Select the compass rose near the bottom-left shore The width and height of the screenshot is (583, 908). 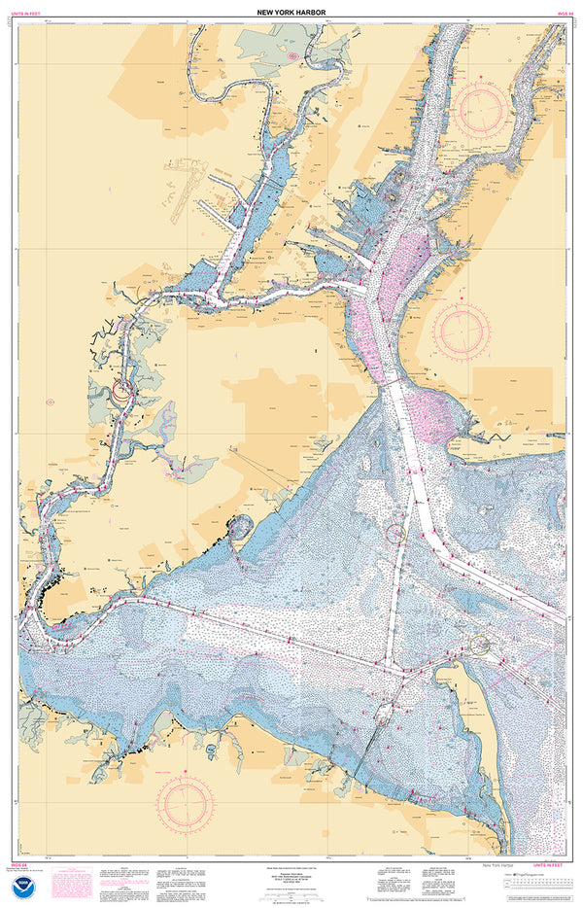(x=186, y=800)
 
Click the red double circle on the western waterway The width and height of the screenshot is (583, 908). (x=122, y=393)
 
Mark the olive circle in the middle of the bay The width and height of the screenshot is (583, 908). (x=395, y=533)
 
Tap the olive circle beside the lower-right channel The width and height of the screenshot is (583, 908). (x=480, y=644)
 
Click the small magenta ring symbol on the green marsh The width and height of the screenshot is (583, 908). (x=291, y=56)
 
